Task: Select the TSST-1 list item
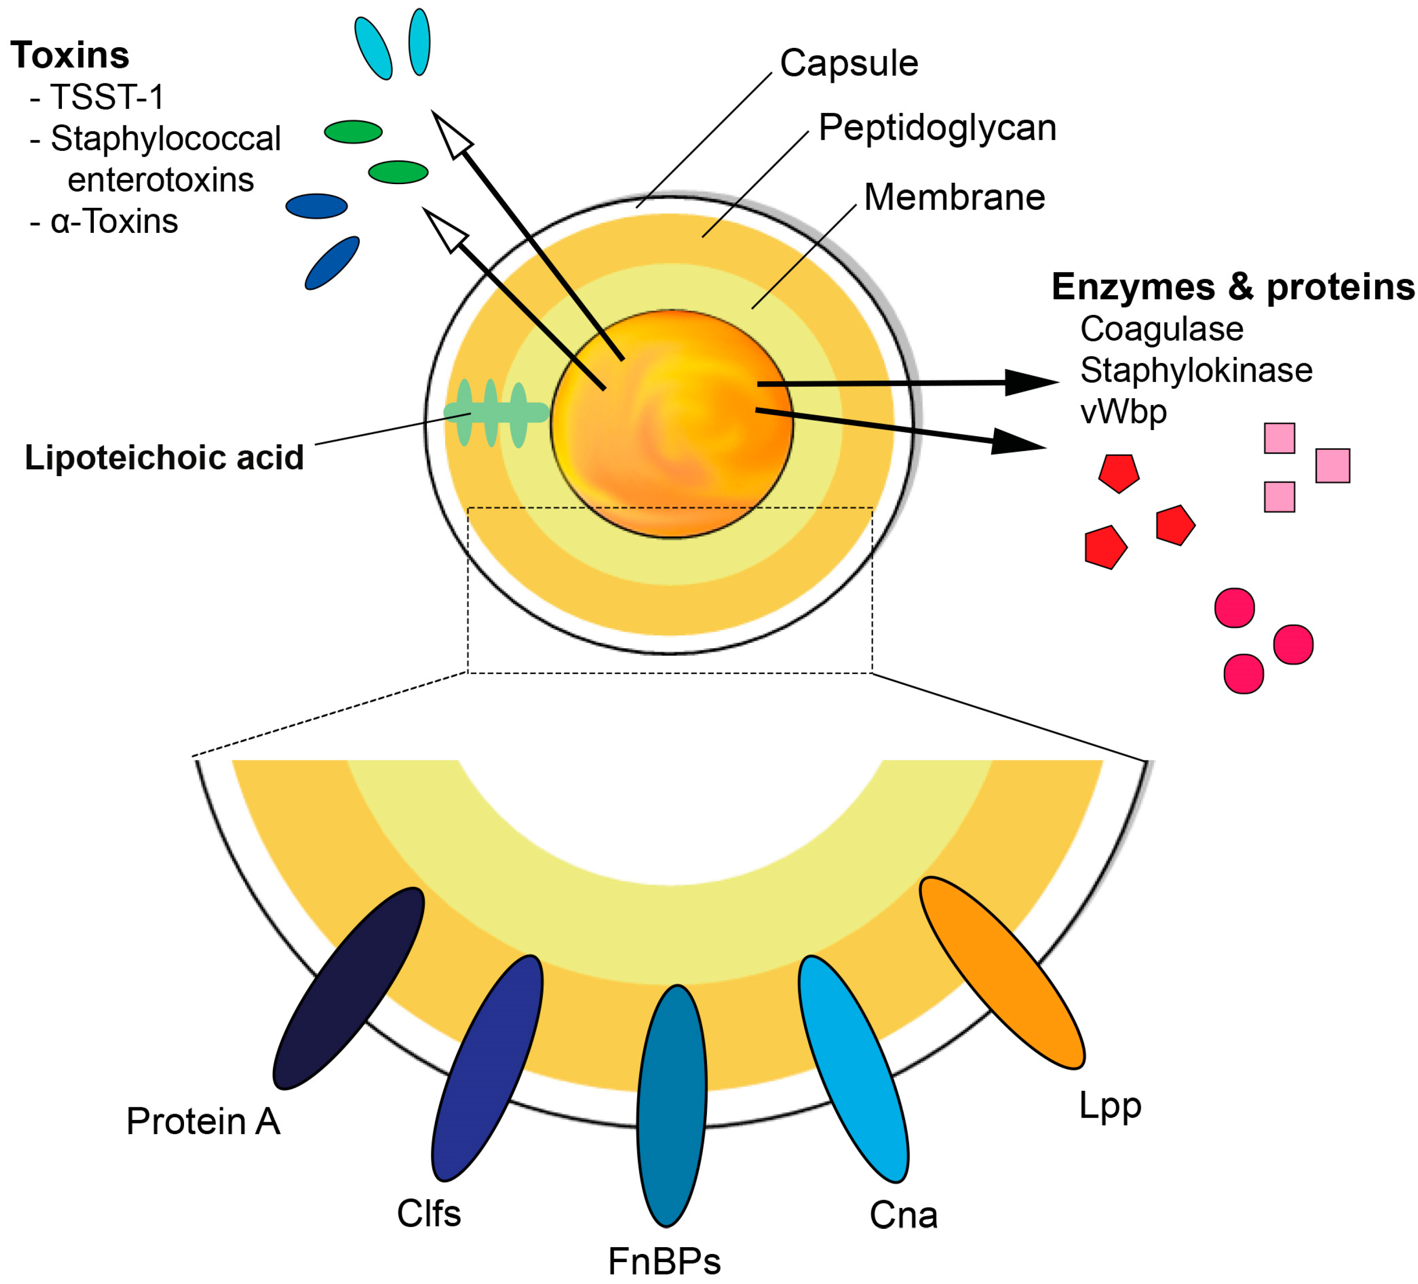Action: pos(107,97)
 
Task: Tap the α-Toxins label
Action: pos(114,221)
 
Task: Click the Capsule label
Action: pos(849,63)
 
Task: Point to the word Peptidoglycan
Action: pos(937,128)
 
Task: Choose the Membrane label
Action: pos(954,197)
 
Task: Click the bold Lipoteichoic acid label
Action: pos(164,458)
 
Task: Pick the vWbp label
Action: pos(1123,411)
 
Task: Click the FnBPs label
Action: pos(664,1262)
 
